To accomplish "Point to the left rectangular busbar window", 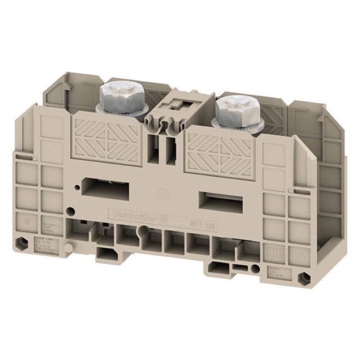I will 105,185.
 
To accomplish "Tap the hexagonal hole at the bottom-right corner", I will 306,275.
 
